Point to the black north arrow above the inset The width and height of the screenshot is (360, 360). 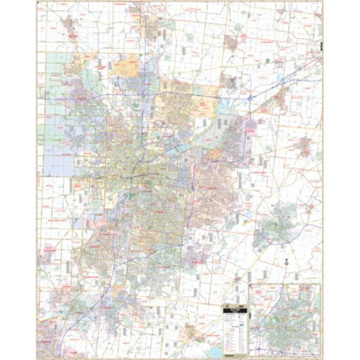[x=286, y=263]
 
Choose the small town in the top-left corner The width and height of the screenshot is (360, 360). [x=69, y=25]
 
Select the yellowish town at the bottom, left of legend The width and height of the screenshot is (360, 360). [x=191, y=332]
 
